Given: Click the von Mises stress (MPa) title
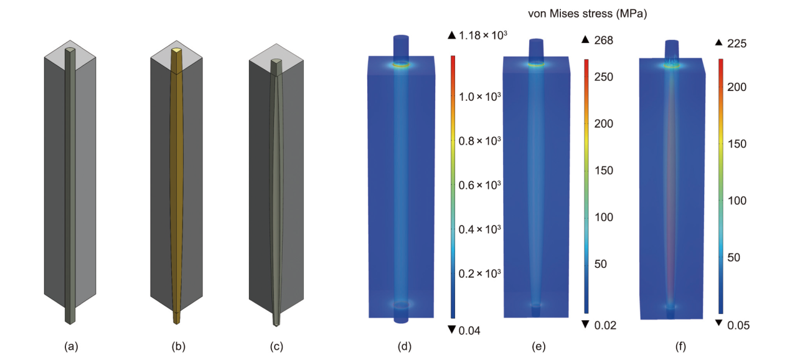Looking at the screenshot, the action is [x=587, y=14].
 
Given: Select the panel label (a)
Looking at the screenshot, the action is [x=71, y=346].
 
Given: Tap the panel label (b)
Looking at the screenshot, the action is [x=179, y=346].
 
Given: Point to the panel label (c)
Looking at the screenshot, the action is [x=276, y=346].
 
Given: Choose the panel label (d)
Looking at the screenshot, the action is [x=405, y=346].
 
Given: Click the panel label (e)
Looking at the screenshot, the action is [x=538, y=346].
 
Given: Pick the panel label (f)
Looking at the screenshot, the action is [x=680, y=346].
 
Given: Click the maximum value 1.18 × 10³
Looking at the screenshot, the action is [x=483, y=35].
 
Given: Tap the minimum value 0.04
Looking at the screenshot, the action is [x=469, y=331].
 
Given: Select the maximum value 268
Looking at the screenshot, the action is [x=604, y=40].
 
